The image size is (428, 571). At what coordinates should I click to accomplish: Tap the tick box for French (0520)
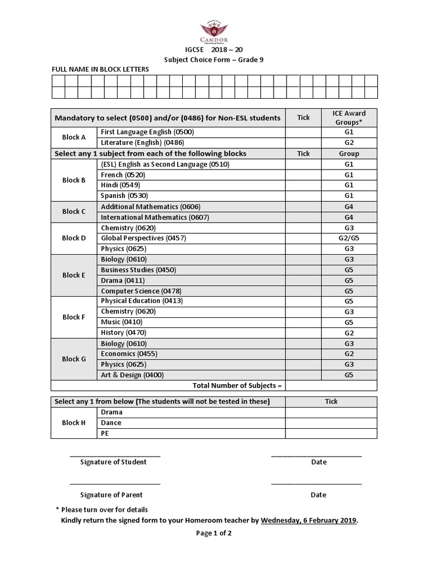pyautogui.click(x=303, y=175)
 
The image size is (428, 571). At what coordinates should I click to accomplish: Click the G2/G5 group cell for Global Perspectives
pyautogui.click(x=349, y=238)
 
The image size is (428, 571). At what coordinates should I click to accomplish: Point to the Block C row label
pyautogui.click(x=74, y=212)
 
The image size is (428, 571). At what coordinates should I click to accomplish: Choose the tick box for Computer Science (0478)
pyautogui.click(x=303, y=291)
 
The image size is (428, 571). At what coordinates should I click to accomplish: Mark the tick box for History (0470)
pyautogui.click(x=303, y=333)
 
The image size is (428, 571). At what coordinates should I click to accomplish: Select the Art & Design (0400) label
pyautogui.click(x=132, y=375)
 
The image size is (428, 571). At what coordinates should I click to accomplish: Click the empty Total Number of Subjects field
pyautogui.click(x=331, y=386)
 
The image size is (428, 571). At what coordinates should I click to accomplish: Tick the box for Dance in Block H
pyautogui.click(x=331, y=423)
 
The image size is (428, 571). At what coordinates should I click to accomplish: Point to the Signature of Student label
pyautogui.click(x=113, y=462)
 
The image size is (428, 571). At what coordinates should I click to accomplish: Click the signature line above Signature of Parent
pyautogui.click(x=115, y=483)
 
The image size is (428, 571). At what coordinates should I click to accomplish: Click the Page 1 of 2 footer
pyautogui.click(x=213, y=533)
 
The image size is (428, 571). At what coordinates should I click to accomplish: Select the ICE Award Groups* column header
pyautogui.click(x=349, y=118)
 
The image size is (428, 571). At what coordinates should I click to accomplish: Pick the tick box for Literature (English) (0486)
pyautogui.click(x=303, y=143)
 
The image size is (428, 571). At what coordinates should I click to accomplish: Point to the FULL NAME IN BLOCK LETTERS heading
pyautogui.click(x=100, y=69)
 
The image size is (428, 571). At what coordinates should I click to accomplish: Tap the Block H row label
pyautogui.click(x=74, y=423)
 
